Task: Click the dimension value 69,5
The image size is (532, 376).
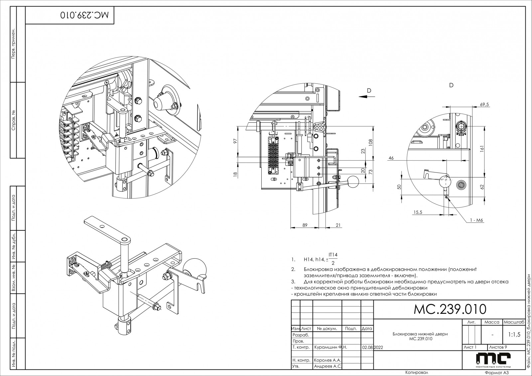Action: (485, 104)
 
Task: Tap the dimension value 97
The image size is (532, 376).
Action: (235, 141)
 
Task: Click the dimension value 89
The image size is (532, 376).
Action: (305, 225)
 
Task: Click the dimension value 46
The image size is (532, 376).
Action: (391, 158)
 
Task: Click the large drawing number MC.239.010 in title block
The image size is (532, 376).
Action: (450, 309)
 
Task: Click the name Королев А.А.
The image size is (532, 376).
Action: (328, 360)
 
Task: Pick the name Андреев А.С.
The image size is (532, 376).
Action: (328, 366)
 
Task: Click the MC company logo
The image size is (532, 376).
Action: (493, 360)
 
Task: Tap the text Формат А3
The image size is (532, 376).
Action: (497, 373)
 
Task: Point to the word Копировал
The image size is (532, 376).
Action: (416, 372)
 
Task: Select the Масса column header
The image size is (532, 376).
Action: (492, 322)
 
